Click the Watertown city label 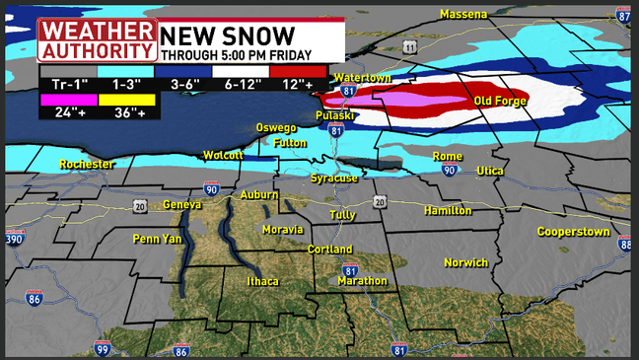pos(362,77)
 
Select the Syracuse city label pos(334,178)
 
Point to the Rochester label pos(86,164)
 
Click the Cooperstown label pos(576,231)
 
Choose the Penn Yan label pos(158,239)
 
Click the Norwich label pos(465,262)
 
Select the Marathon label pos(362,281)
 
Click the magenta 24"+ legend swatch pos(69,99)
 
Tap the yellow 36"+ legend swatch pos(126,99)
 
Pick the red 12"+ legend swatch pos(297,70)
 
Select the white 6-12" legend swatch pos(241,70)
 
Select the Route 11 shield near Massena pos(409,47)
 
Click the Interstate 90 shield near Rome pos(449,170)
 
